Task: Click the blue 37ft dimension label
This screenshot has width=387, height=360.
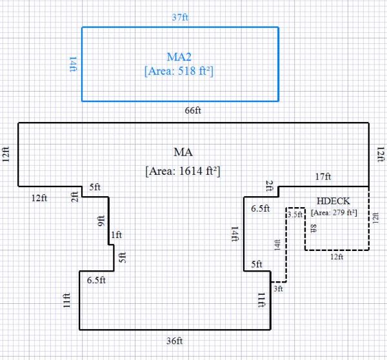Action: click(180, 18)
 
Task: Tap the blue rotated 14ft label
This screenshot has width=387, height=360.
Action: click(73, 65)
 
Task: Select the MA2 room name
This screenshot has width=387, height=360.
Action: click(179, 56)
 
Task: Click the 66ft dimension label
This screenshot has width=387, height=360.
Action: click(193, 110)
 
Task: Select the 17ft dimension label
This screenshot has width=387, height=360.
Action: click(323, 177)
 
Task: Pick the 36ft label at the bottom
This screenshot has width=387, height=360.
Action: click(175, 341)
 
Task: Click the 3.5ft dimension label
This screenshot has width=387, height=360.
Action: click(295, 214)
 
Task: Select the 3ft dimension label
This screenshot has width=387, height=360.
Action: click(278, 290)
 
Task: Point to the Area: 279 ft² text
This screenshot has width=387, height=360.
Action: click(334, 212)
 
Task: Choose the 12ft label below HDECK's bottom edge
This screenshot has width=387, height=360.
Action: click(337, 257)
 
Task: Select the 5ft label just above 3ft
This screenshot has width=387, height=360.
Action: click(256, 264)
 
